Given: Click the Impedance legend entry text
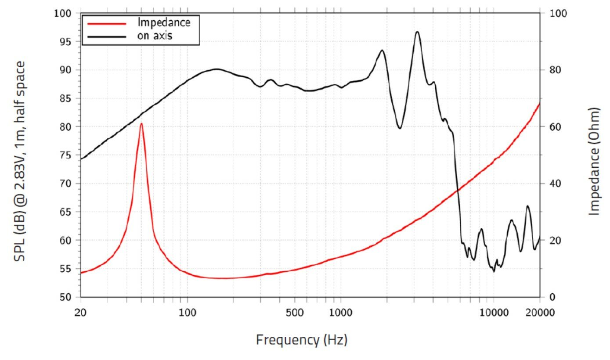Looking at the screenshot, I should coord(164,22).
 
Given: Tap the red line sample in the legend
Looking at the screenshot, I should coord(107,22).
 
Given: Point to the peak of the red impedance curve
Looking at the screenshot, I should coord(141,124).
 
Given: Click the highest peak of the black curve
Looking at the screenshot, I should coord(417,32).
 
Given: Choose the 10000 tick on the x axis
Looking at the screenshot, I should coord(493,312).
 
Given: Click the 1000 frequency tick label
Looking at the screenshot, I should coord(341,312).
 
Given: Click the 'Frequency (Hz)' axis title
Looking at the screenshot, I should coord(302,339).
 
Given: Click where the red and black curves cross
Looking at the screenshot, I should coord(458,190).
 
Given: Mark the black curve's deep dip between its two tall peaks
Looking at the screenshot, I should coord(400,128).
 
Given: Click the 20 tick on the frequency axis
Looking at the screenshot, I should coord(80,312).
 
